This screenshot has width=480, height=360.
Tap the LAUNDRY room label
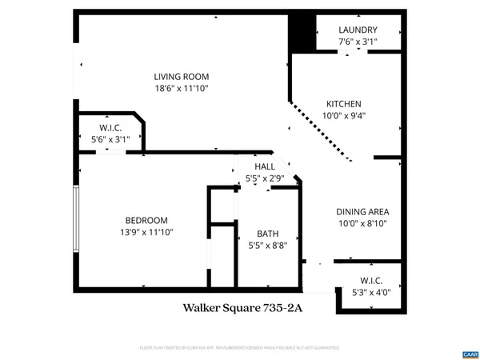click(358, 30)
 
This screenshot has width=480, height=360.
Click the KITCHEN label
click(343, 104)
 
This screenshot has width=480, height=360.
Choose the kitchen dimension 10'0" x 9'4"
click(343, 116)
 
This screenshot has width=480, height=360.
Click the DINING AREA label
click(362, 212)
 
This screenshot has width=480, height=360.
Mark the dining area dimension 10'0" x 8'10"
click(362, 224)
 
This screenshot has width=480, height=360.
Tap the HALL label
click(265, 166)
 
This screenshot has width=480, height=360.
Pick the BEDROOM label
click(146, 220)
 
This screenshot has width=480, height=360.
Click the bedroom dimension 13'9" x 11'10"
click(146, 232)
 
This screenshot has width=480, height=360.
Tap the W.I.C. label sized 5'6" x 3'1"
click(110, 127)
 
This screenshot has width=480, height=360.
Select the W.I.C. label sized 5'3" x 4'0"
click(371, 281)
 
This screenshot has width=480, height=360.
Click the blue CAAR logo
click(469, 353)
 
